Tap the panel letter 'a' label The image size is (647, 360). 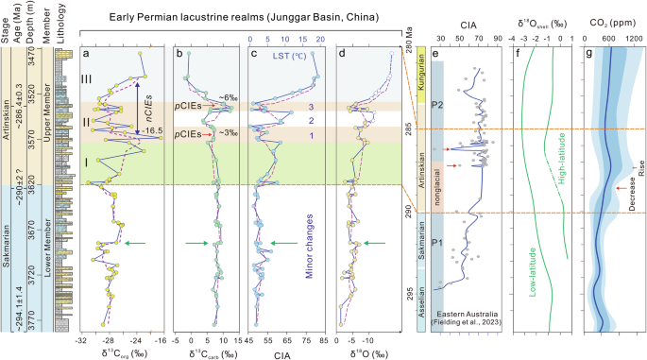tap(87, 54)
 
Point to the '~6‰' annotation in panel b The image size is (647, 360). tap(225, 98)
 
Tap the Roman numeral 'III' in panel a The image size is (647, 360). tap(90, 78)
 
